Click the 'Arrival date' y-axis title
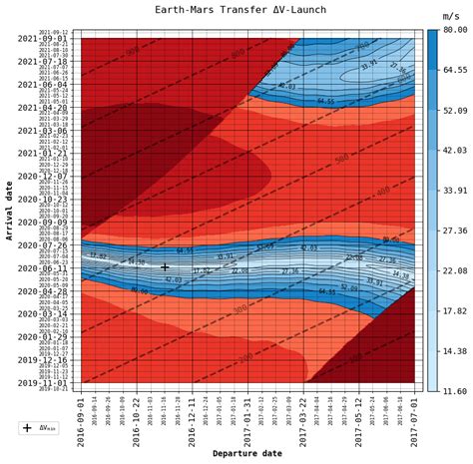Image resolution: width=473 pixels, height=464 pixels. [x=9, y=209]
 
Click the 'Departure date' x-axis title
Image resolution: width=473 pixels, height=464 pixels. [x=247, y=453]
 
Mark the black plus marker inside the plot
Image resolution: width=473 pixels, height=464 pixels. [x=165, y=266]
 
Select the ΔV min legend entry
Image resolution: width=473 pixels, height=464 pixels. [x=38, y=428]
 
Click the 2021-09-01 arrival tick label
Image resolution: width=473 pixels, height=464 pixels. [x=43, y=39]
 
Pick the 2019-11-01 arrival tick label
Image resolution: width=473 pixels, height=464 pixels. [x=43, y=382]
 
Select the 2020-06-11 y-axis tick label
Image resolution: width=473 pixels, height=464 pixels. [x=43, y=268]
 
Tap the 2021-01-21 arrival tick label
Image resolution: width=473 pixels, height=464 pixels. [x=43, y=154]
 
